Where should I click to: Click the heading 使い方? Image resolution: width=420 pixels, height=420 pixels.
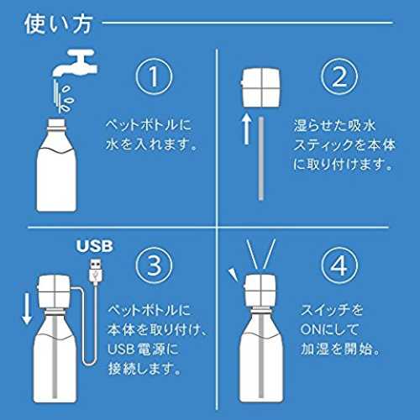[x=58, y=24]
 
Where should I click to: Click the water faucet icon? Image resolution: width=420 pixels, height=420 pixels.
[x=75, y=62]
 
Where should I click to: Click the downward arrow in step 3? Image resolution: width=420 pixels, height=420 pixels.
[x=27, y=308]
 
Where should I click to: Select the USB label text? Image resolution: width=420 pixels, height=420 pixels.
[x=95, y=246]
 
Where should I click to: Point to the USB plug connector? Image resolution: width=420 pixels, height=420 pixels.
[x=96, y=271]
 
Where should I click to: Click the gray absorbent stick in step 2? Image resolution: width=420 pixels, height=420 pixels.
[x=261, y=159]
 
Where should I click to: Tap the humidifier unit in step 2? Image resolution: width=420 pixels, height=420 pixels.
[x=260, y=87]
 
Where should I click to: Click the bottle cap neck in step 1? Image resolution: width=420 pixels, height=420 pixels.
[x=56, y=125]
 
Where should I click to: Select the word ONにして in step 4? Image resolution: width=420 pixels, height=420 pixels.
[x=329, y=329]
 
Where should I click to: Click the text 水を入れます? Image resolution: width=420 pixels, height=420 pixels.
[x=151, y=144]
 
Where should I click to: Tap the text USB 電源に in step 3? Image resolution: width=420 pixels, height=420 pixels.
[x=143, y=349]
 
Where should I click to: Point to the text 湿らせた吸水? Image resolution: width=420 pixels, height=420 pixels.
[x=334, y=126]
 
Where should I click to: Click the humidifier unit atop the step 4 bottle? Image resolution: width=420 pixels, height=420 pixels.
[x=260, y=291]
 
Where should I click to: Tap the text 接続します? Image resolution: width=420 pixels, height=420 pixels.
[x=144, y=369]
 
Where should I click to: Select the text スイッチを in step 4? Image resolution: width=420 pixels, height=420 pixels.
[x=332, y=310]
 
